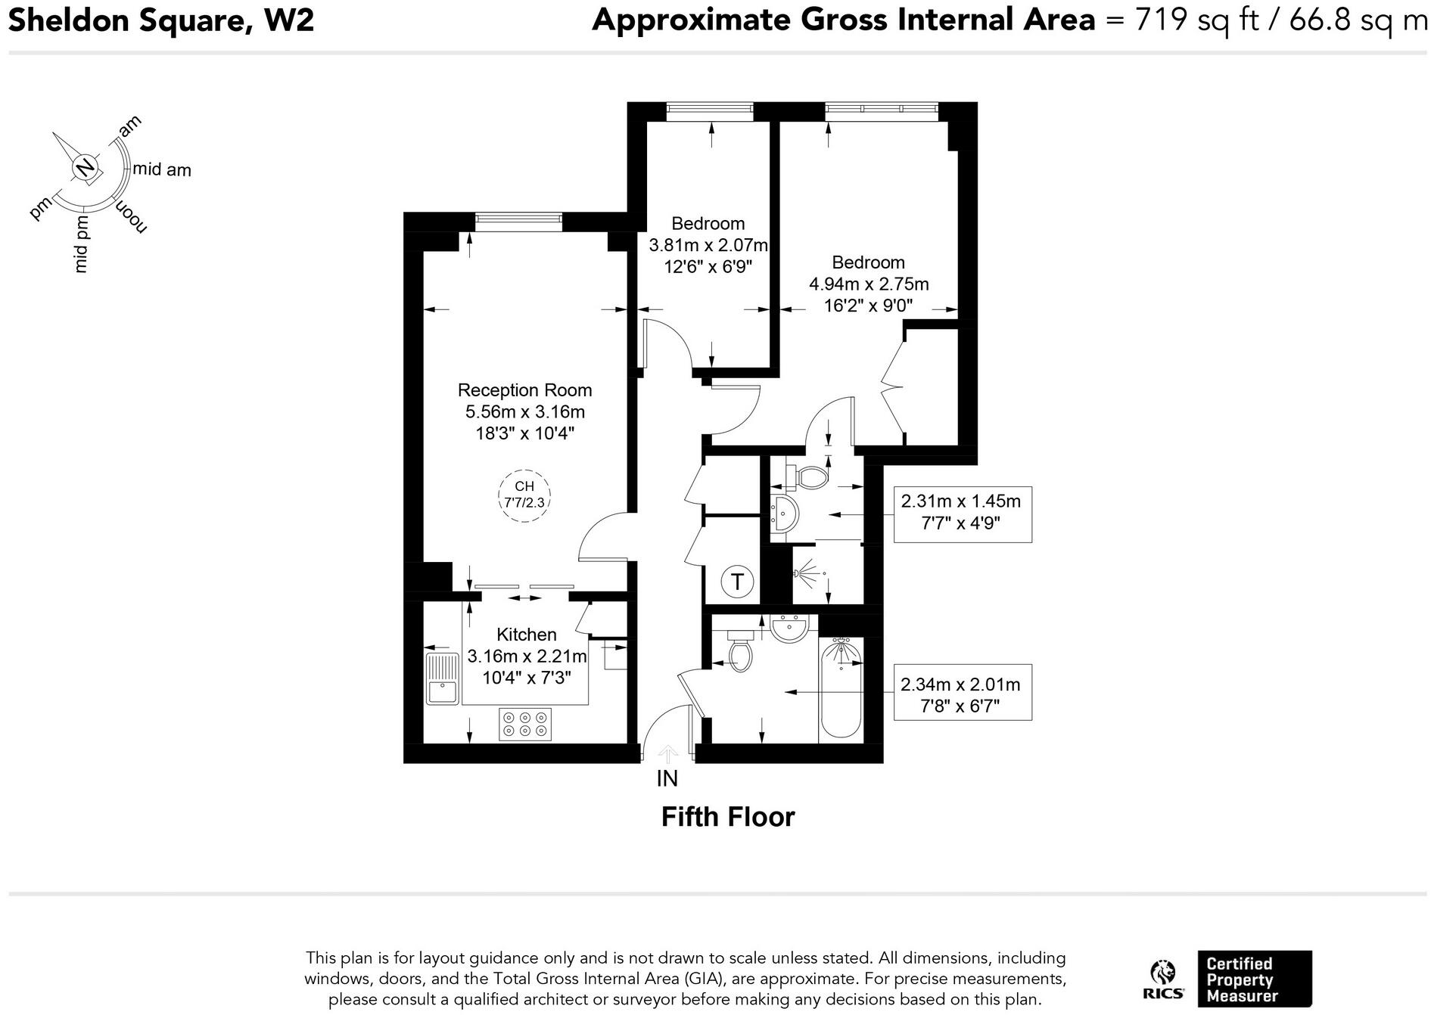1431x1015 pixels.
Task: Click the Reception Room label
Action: (524, 390)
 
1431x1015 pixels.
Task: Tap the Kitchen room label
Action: (526, 635)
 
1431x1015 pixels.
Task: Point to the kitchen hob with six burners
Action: (524, 724)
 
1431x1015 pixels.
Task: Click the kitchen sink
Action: (442, 678)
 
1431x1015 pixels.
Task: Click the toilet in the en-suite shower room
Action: (810, 476)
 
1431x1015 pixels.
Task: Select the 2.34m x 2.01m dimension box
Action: (962, 694)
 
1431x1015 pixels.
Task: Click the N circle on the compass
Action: (86, 167)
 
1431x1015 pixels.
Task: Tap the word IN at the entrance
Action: (667, 778)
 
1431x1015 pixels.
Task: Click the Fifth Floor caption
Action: (728, 818)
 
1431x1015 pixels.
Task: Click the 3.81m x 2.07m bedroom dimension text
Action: (708, 245)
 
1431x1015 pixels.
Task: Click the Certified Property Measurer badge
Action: (1254, 979)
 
